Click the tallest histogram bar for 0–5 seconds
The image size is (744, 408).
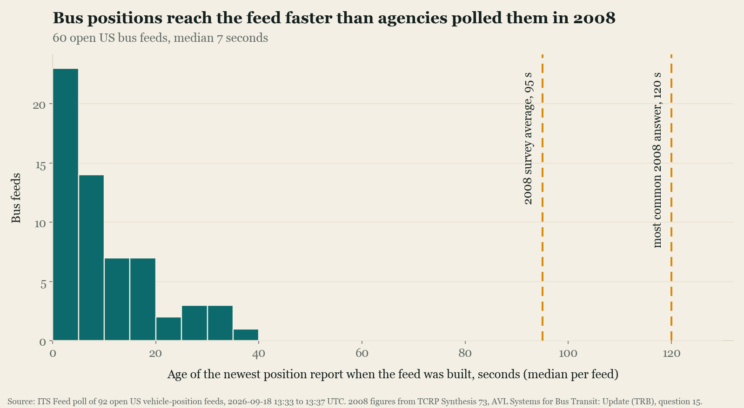click(66, 204)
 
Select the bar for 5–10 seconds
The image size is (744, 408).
click(91, 258)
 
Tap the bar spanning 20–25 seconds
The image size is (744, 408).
click(169, 329)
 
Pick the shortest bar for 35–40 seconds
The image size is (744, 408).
click(246, 335)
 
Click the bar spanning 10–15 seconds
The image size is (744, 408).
click(117, 299)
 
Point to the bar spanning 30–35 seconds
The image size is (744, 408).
click(220, 323)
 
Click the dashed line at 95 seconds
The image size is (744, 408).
click(543, 197)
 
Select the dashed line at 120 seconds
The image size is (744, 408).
click(671, 197)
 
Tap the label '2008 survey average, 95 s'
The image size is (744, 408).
click(528, 138)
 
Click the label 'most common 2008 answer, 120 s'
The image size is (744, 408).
click(657, 160)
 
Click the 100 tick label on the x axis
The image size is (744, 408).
click(568, 353)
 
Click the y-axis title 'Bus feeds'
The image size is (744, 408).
click(16, 198)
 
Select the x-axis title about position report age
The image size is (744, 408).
click(393, 375)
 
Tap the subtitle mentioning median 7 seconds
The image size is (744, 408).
click(160, 38)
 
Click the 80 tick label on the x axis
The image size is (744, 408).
click(465, 353)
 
